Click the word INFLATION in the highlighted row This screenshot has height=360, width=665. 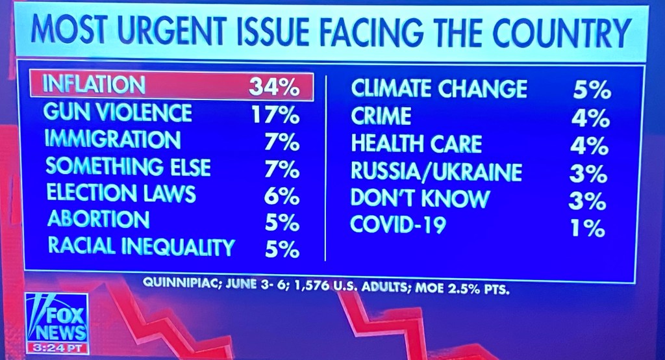pos(94,85)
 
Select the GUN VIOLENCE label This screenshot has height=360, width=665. pos(118,113)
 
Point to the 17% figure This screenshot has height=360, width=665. pos(275,116)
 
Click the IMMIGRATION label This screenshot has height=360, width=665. pos(113,140)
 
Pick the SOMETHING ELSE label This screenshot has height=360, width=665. pos(128,167)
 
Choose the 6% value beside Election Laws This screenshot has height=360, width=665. pos(282,195)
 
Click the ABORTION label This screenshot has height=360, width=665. pos(98,220)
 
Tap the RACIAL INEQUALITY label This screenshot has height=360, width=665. pos(141,247)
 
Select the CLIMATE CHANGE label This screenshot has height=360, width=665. pos(439,88)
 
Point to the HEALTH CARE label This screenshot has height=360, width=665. pos(416,144)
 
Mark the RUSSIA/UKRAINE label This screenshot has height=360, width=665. pos(436,172)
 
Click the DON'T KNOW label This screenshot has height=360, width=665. pos(420,198)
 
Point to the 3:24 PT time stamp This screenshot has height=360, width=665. pos(56,348)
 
